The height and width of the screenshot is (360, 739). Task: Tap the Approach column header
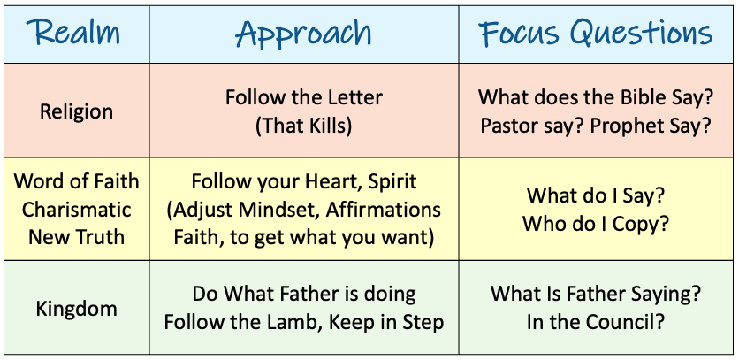[x=303, y=34]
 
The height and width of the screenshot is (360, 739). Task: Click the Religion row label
[x=76, y=112]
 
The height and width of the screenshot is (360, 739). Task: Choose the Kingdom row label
[x=76, y=309]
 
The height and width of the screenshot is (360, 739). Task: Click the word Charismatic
[x=76, y=210]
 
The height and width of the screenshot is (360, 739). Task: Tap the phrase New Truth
[x=76, y=237]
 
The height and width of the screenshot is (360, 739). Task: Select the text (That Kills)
[x=303, y=126]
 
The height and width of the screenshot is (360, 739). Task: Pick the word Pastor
[x=510, y=126]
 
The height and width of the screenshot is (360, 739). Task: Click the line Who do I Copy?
[x=596, y=224]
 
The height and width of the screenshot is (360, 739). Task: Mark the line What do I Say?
[x=596, y=195]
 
